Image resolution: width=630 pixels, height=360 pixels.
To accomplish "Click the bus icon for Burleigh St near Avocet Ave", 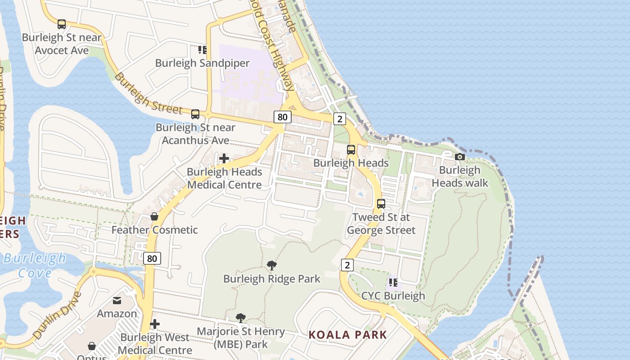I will coord(62,24).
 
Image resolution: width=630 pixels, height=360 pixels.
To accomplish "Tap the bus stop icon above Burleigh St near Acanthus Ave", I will coord(195,114).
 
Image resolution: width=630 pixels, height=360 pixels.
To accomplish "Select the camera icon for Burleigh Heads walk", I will coord(459,157).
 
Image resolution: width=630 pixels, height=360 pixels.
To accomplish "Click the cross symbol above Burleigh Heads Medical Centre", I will coord(224,158).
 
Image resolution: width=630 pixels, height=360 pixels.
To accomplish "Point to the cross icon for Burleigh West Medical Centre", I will coord(155,324).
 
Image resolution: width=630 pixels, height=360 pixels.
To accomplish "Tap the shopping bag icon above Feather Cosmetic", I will coord(154,216).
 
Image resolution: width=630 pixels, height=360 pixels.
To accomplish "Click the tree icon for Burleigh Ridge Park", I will coord(271,265).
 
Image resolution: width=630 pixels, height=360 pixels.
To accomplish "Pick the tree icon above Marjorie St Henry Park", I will coord(241,318).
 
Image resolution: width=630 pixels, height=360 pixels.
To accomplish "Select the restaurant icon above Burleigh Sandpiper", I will coord(202,49).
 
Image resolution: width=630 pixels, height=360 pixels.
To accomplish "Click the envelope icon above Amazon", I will coord(117,301).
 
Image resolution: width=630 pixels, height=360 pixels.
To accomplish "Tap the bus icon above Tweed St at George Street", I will coord(381,204).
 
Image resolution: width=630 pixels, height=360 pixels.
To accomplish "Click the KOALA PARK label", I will coord(347,335).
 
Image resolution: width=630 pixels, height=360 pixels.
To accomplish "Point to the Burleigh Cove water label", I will coord(35,265).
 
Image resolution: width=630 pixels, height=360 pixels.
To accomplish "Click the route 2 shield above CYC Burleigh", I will coord(346,265).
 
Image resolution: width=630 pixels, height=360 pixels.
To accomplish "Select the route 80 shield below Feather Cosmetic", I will coord(152,258).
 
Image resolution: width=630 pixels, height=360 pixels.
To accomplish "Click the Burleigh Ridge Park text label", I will coord(272,279).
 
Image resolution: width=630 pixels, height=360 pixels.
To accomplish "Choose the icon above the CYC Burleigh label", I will coord(393,283).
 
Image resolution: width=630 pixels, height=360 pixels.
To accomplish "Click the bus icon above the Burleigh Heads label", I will coord(351,150).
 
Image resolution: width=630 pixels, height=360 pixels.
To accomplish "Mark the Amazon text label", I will coord(117,314).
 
